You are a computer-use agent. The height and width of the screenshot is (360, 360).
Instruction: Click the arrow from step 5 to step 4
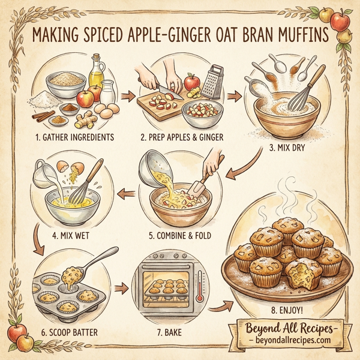click(x=127, y=193)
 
